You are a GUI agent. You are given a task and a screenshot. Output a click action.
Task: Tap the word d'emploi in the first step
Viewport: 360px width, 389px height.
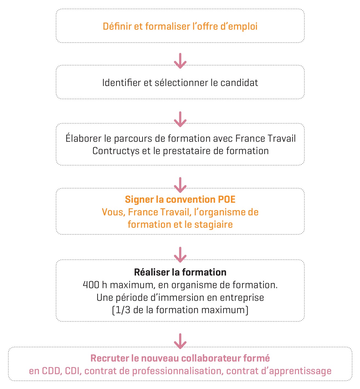point(239,26)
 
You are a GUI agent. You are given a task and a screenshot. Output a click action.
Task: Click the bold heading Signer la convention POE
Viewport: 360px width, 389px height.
point(180,199)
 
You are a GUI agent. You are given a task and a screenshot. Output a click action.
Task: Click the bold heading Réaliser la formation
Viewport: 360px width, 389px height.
point(180,272)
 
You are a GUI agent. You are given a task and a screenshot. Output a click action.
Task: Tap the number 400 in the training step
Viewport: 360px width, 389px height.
point(91,285)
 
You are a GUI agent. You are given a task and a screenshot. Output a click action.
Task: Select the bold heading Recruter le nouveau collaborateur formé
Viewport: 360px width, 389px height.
point(180,358)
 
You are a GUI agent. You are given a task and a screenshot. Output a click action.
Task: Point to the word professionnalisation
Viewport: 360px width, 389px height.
point(177,371)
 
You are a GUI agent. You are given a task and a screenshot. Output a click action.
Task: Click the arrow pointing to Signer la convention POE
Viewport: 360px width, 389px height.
point(180,185)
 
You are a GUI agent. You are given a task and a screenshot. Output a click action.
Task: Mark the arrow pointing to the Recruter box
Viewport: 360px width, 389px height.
point(180,341)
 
